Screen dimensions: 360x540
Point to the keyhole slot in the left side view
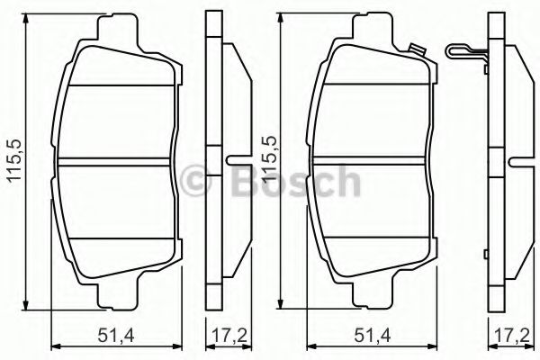pyautogui.click(x=239, y=162)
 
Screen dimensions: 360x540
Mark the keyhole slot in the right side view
pyautogui.click(x=519, y=162)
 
